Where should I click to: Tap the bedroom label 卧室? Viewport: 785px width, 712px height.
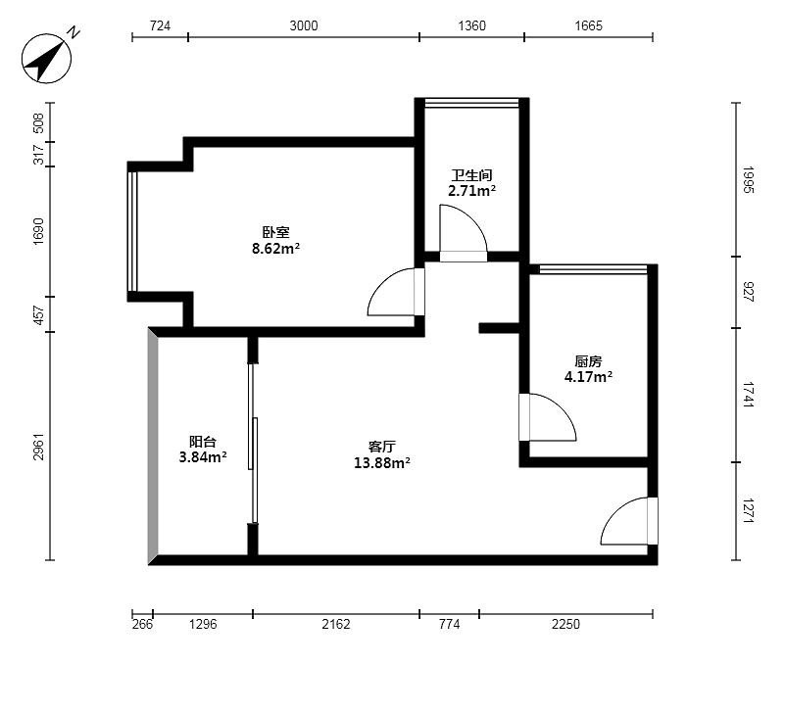coord(275,232)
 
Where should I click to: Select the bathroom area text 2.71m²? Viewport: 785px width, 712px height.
coord(471,191)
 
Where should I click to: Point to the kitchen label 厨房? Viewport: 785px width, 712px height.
coord(588,360)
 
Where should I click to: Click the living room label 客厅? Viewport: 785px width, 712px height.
coord(381,447)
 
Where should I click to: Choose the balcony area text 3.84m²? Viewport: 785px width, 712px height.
coord(203,456)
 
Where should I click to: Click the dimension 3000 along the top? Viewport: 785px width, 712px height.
coord(304,25)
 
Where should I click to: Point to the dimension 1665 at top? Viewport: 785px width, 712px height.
coord(588,25)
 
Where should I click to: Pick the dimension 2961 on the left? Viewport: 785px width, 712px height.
coord(39,447)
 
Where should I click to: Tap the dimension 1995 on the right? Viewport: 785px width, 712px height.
coord(748,180)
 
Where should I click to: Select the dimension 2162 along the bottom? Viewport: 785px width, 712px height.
coord(336,624)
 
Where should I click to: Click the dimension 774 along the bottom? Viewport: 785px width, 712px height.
coord(449,624)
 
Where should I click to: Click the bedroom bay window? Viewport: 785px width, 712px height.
coord(132,231)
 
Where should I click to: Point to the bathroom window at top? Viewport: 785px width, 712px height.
coord(471,103)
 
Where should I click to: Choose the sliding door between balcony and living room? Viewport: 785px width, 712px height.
coord(253,444)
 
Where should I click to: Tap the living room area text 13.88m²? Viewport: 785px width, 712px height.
coord(381,463)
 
